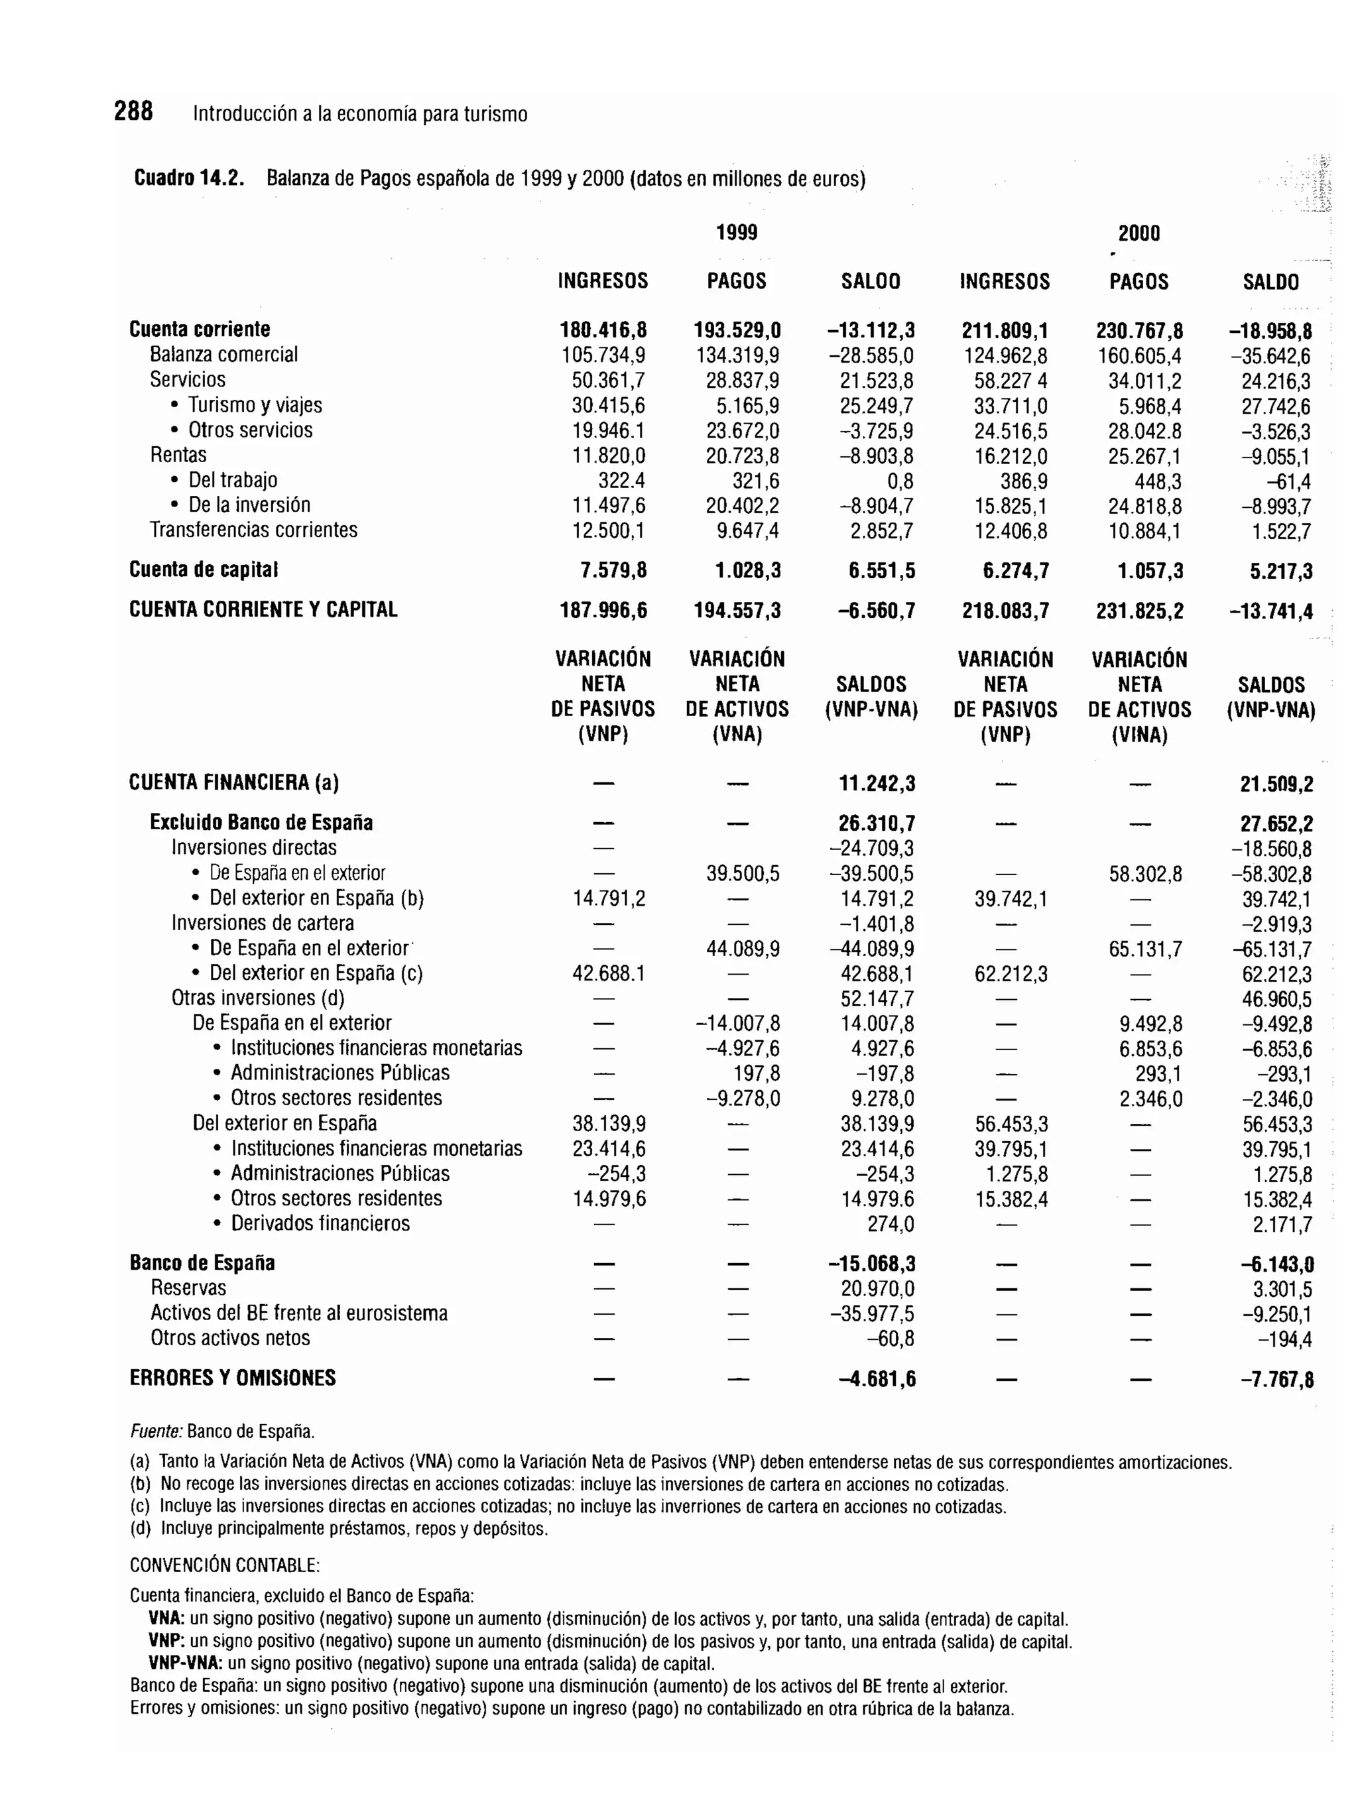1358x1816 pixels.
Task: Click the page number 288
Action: pos(133,111)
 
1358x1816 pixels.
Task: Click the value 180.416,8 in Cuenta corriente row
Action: pos(603,331)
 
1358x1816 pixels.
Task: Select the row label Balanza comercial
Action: pos(223,355)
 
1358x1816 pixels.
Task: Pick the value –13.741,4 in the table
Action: pos(1270,611)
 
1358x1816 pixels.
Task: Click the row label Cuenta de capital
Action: pos(204,570)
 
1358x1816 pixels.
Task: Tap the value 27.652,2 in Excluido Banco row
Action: pos(1276,824)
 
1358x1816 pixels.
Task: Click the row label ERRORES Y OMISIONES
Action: pos(232,1378)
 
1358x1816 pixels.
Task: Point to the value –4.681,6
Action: pos(877,1380)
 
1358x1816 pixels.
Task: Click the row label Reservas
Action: pos(188,1288)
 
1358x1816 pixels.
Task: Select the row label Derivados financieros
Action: pos(320,1223)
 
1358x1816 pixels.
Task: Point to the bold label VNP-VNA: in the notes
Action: pos(186,1664)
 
